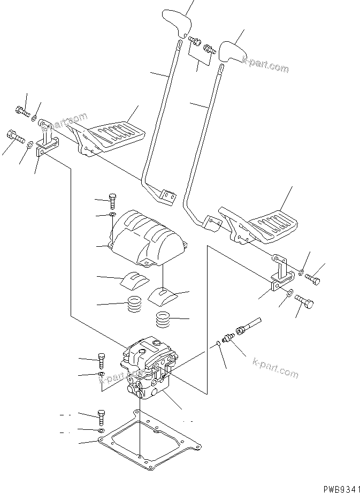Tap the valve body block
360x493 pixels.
(x=150, y=369)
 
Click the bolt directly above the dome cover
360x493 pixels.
(x=112, y=200)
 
